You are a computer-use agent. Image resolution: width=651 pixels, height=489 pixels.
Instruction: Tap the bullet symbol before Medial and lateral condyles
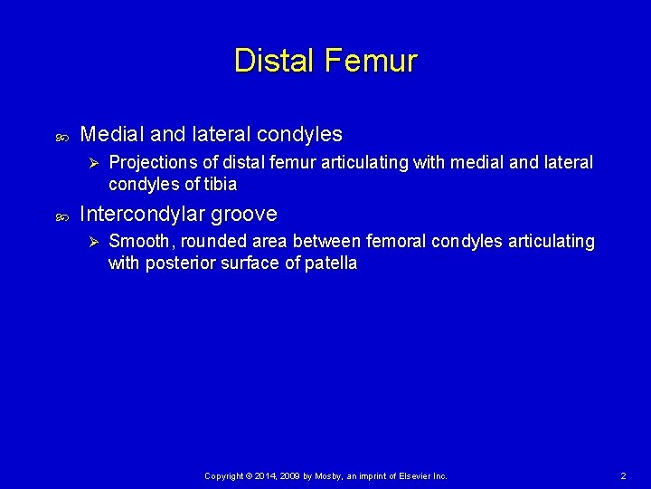[x=61, y=137]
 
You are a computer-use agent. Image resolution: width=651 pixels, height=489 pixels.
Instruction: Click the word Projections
[x=154, y=163]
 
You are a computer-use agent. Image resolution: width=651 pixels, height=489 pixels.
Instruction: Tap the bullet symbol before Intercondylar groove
[x=61, y=216]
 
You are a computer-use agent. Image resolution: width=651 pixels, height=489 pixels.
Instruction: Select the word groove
[x=245, y=215]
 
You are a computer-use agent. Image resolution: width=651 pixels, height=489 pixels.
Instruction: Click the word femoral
[x=398, y=242]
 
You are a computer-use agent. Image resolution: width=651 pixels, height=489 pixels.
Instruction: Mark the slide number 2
[x=623, y=475]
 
